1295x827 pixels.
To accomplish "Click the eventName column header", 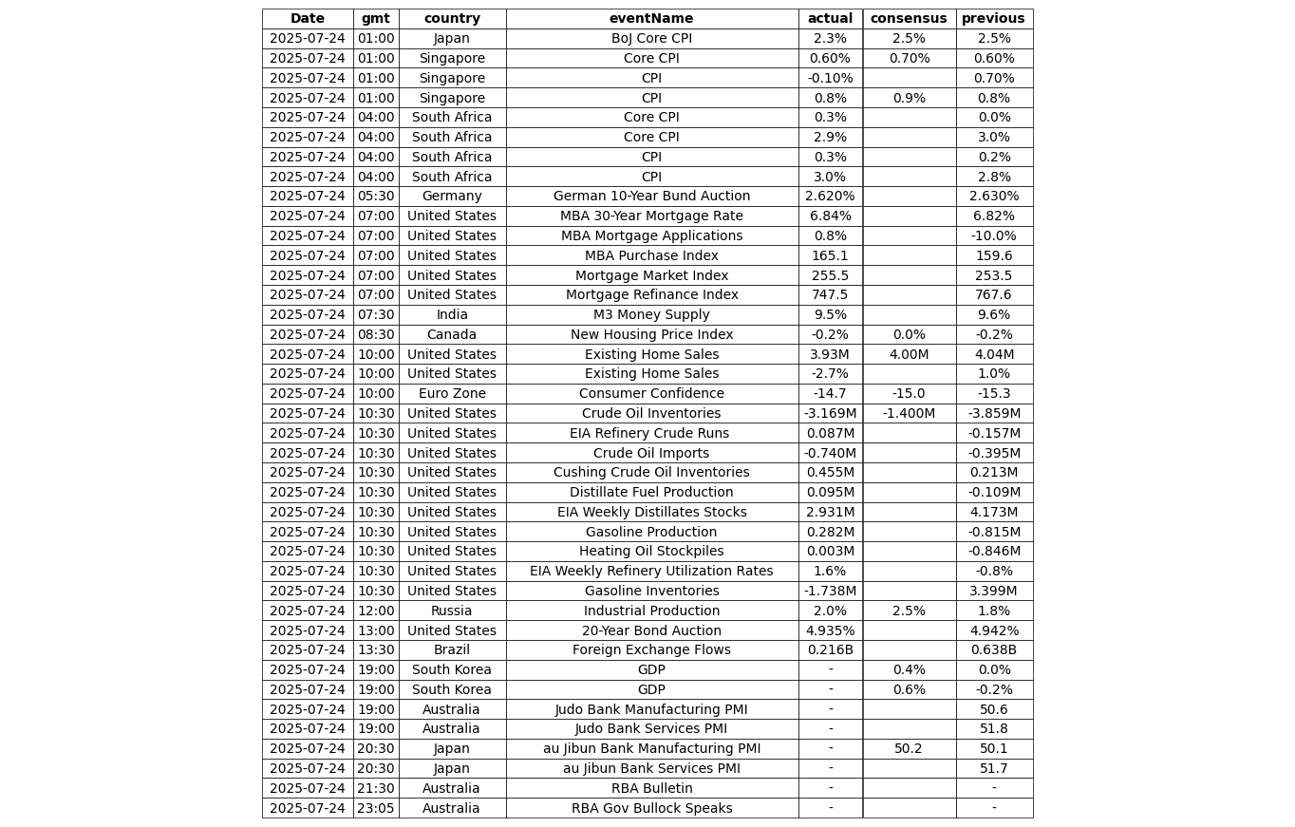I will tap(651, 19).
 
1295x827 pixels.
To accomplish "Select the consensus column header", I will tap(909, 19).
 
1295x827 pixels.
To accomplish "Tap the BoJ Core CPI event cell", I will tap(651, 39).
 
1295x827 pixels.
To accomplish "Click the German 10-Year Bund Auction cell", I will tap(651, 197).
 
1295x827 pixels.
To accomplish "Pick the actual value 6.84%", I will tap(830, 216).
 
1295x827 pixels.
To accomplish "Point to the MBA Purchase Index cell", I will tap(651, 255).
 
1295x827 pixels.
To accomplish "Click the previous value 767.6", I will tap(993, 295).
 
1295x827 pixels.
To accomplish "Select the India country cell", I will tap(452, 315).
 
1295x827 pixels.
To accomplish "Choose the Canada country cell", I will tap(452, 335).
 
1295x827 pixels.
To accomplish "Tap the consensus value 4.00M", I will tap(909, 354).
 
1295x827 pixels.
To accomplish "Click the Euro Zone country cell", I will tap(452, 394).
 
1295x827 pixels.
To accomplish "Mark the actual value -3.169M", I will tap(830, 414).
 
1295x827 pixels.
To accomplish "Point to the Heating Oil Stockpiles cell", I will tap(651, 552).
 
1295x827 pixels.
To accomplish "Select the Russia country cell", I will tap(452, 611).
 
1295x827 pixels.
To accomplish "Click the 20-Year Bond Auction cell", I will tap(651, 630).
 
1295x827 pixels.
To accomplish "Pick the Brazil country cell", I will tap(452, 650).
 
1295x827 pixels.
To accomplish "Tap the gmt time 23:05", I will tap(376, 809).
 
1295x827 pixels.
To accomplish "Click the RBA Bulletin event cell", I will tap(651, 789).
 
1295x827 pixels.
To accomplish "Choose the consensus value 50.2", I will tap(909, 749).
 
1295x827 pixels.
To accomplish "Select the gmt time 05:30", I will tap(376, 197).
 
